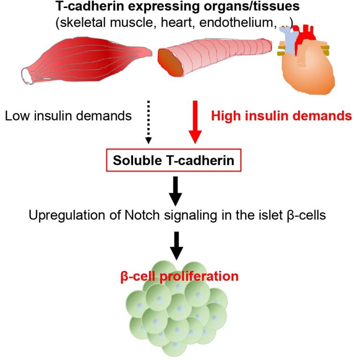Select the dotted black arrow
pyautogui.click(x=148, y=120)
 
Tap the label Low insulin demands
pyautogui.click(x=68, y=115)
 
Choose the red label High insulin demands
pyautogui.click(x=282, y=115)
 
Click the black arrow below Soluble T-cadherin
pyautogui.click(x=176, y=190)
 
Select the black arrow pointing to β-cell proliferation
pyautogui.click(x=176, y=244)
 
